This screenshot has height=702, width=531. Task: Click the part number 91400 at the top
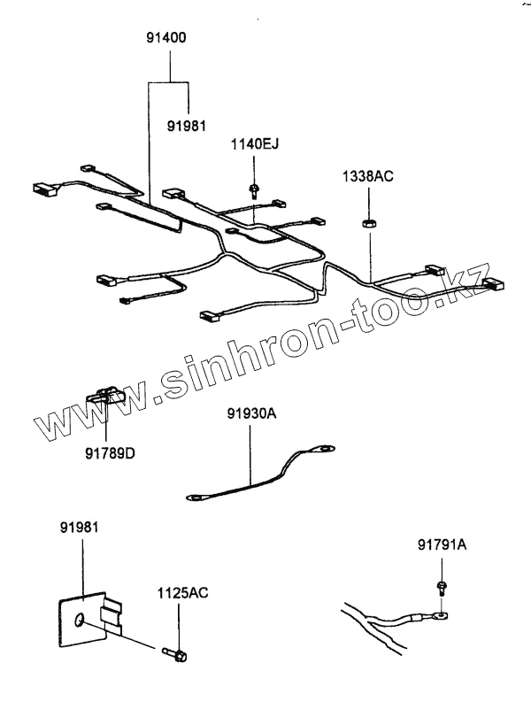pos(167,39)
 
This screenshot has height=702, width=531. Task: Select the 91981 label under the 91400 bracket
pos(189,126)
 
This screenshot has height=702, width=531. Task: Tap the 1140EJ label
pos(254,143)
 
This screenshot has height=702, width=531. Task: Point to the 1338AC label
pos(368,177)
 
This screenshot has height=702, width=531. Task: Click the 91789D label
pos(110,455)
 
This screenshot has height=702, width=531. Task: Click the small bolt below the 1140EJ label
pos(254,189)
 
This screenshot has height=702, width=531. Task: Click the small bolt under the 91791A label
pos(441,587)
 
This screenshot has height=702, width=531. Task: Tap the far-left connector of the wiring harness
pos(41,189)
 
